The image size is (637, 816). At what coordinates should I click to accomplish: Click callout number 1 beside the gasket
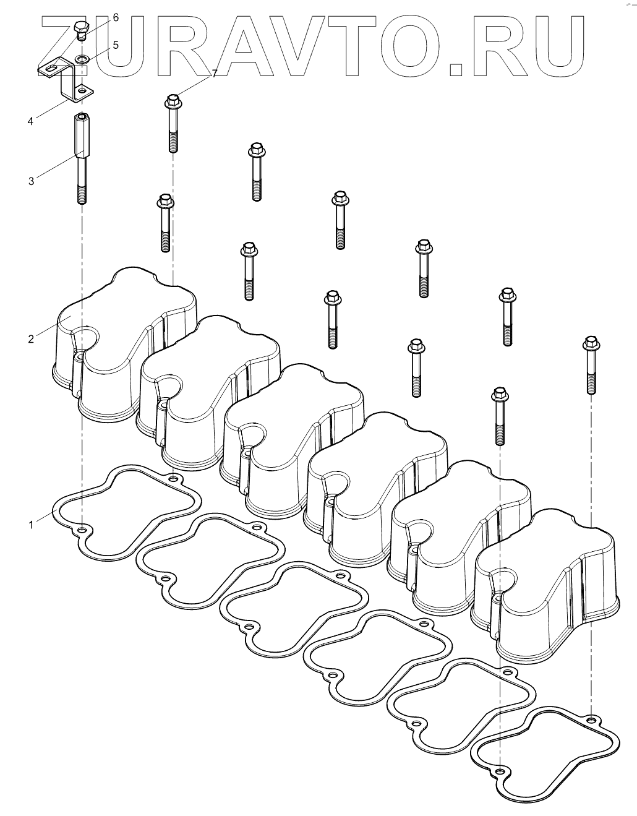click(x=30, y=525)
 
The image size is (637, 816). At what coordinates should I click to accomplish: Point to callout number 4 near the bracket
click(x=30, y=121)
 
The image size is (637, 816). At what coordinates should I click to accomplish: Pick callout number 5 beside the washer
click(x=116, y=45)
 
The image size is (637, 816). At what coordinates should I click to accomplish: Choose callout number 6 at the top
click(x=116, y=17)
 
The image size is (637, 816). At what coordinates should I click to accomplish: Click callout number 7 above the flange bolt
click(x=215, y=74)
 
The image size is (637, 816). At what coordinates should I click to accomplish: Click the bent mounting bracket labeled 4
click(x=68, y=80)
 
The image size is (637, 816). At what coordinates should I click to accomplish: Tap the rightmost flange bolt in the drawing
click(x=590, y=365)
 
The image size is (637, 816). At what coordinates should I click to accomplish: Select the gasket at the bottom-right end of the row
click(x=544, y=749)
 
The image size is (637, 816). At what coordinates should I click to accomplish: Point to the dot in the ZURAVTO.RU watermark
click(x=457, y=68)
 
